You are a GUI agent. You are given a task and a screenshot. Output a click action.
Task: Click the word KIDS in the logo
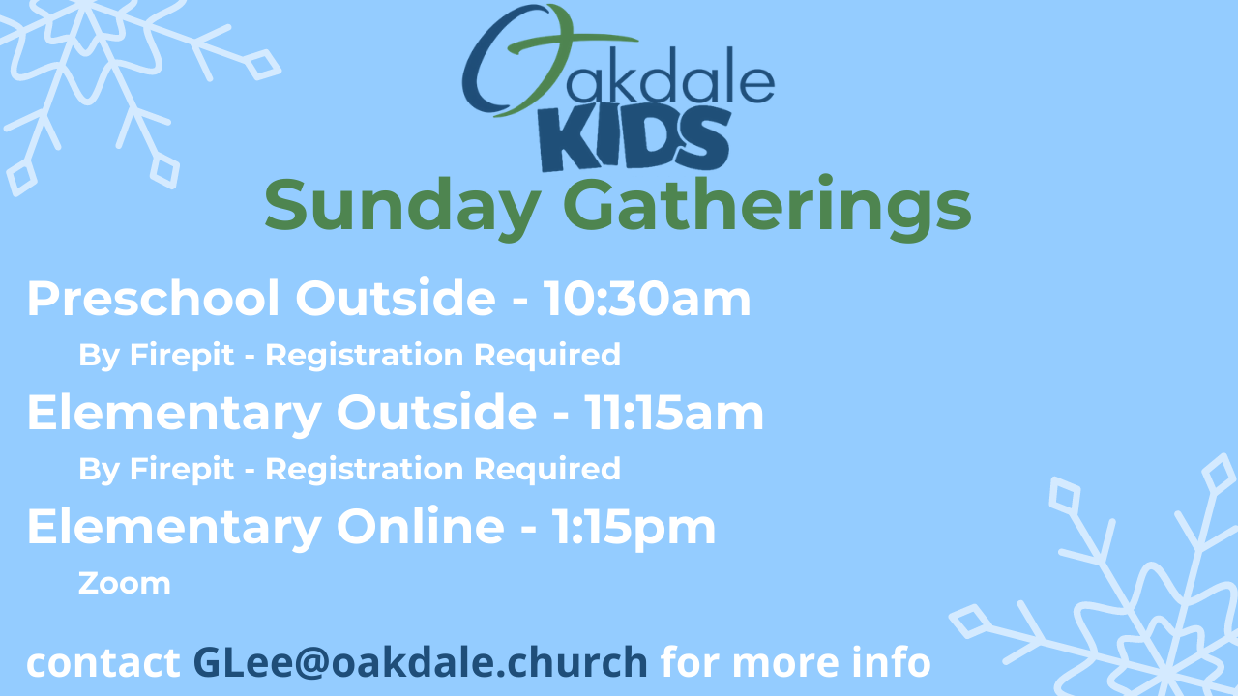635,138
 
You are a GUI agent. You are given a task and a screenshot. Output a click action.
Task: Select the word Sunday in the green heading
402,207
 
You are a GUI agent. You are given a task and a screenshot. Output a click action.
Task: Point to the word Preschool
154,299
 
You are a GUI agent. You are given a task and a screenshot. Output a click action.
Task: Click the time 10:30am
647,299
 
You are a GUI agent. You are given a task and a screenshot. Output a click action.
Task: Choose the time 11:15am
674,413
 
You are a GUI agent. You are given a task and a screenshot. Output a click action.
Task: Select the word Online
420,527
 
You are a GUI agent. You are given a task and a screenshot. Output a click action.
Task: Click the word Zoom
125,583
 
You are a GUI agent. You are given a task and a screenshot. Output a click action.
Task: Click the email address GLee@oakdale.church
420,662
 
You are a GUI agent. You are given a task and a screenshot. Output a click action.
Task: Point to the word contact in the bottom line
103,663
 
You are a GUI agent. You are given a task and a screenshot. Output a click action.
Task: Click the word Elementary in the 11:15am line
174,415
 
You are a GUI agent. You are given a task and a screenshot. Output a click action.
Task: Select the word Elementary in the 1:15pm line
174,529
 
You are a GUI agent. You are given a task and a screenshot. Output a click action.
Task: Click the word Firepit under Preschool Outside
182,355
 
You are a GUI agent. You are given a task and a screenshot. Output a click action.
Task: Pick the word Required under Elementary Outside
547,470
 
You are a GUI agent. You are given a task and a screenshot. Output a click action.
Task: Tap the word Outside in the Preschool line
396,299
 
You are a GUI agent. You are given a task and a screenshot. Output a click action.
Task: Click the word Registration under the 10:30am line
365,355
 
